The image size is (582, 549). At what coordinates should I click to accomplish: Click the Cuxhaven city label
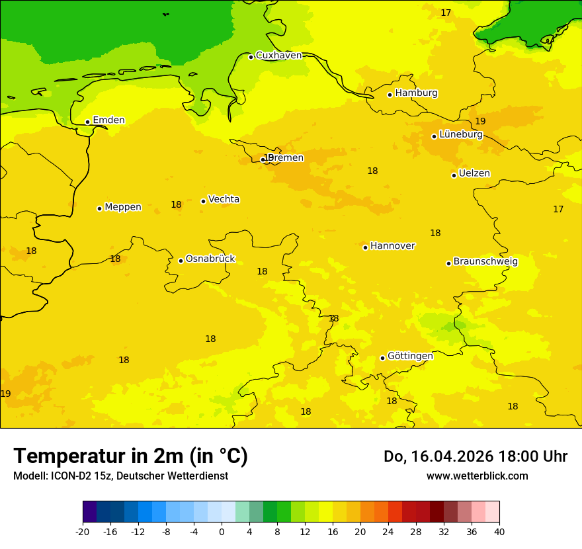point(278,56)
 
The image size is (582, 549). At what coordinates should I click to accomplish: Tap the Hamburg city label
point(416,93)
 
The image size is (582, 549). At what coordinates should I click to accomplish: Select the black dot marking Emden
point(87,122)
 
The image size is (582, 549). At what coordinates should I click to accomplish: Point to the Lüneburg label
point(460,134)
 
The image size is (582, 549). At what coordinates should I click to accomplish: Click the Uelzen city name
point(474,173)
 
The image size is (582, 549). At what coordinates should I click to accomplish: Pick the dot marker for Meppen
point(99,208)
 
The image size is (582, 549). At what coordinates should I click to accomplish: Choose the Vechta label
point(224,199)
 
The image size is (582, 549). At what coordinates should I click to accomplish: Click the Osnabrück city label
point(210,259)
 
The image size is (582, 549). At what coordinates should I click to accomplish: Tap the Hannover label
point(392,246)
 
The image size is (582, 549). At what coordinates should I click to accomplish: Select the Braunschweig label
point(485,261)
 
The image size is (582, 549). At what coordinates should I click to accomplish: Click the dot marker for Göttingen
point(382,358)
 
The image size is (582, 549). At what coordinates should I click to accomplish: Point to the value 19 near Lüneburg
point(480,121)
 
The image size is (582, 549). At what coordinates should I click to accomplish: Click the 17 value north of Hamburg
point(446,13)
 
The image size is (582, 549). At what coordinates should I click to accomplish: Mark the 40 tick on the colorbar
point(499,531)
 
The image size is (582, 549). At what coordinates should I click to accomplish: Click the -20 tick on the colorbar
point(83,531)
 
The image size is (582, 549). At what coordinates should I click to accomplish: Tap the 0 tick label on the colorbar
point(222,531)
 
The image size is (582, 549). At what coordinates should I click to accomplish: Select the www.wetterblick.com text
point(477,476)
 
